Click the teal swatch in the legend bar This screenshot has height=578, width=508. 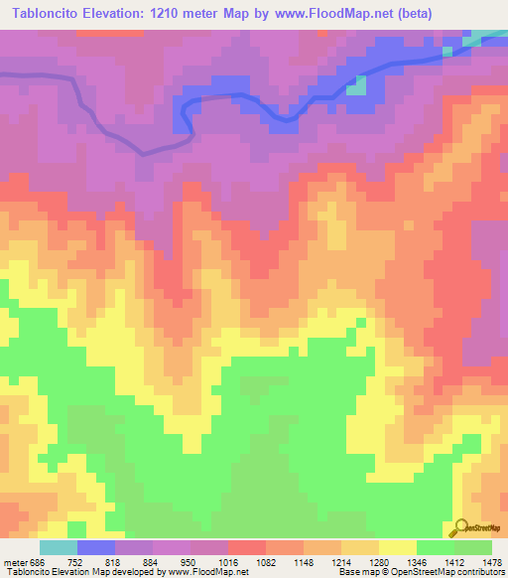(59, 547)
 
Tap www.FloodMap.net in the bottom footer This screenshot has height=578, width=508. (206, 572)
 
